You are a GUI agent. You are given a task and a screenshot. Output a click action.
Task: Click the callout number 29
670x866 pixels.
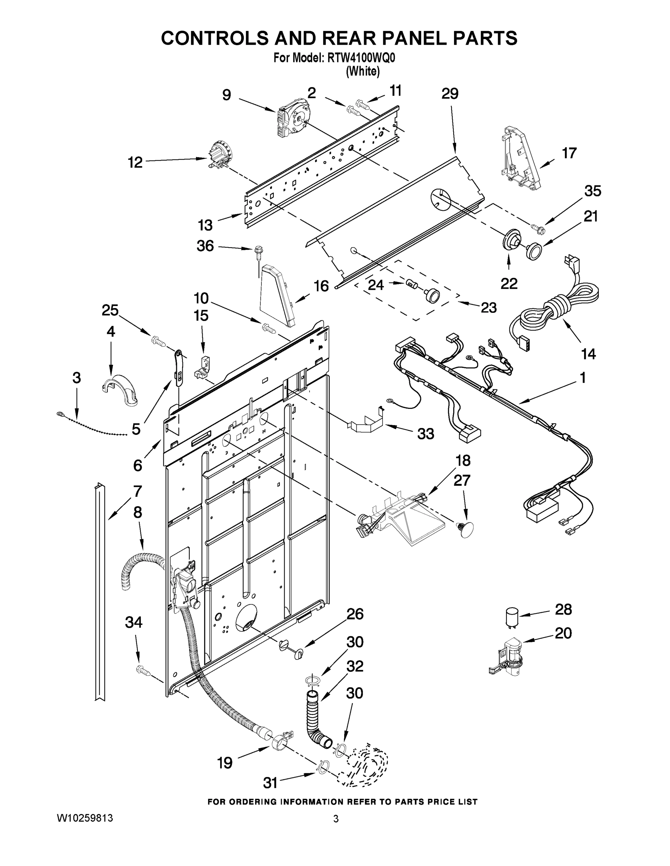tap(450, 94)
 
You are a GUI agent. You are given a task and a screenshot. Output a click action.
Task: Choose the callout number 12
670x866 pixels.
tap(135, 162)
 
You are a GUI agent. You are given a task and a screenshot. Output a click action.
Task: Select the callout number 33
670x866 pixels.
tap(425, 434)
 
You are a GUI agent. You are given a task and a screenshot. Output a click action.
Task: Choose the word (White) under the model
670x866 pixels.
tap(363, 72)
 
